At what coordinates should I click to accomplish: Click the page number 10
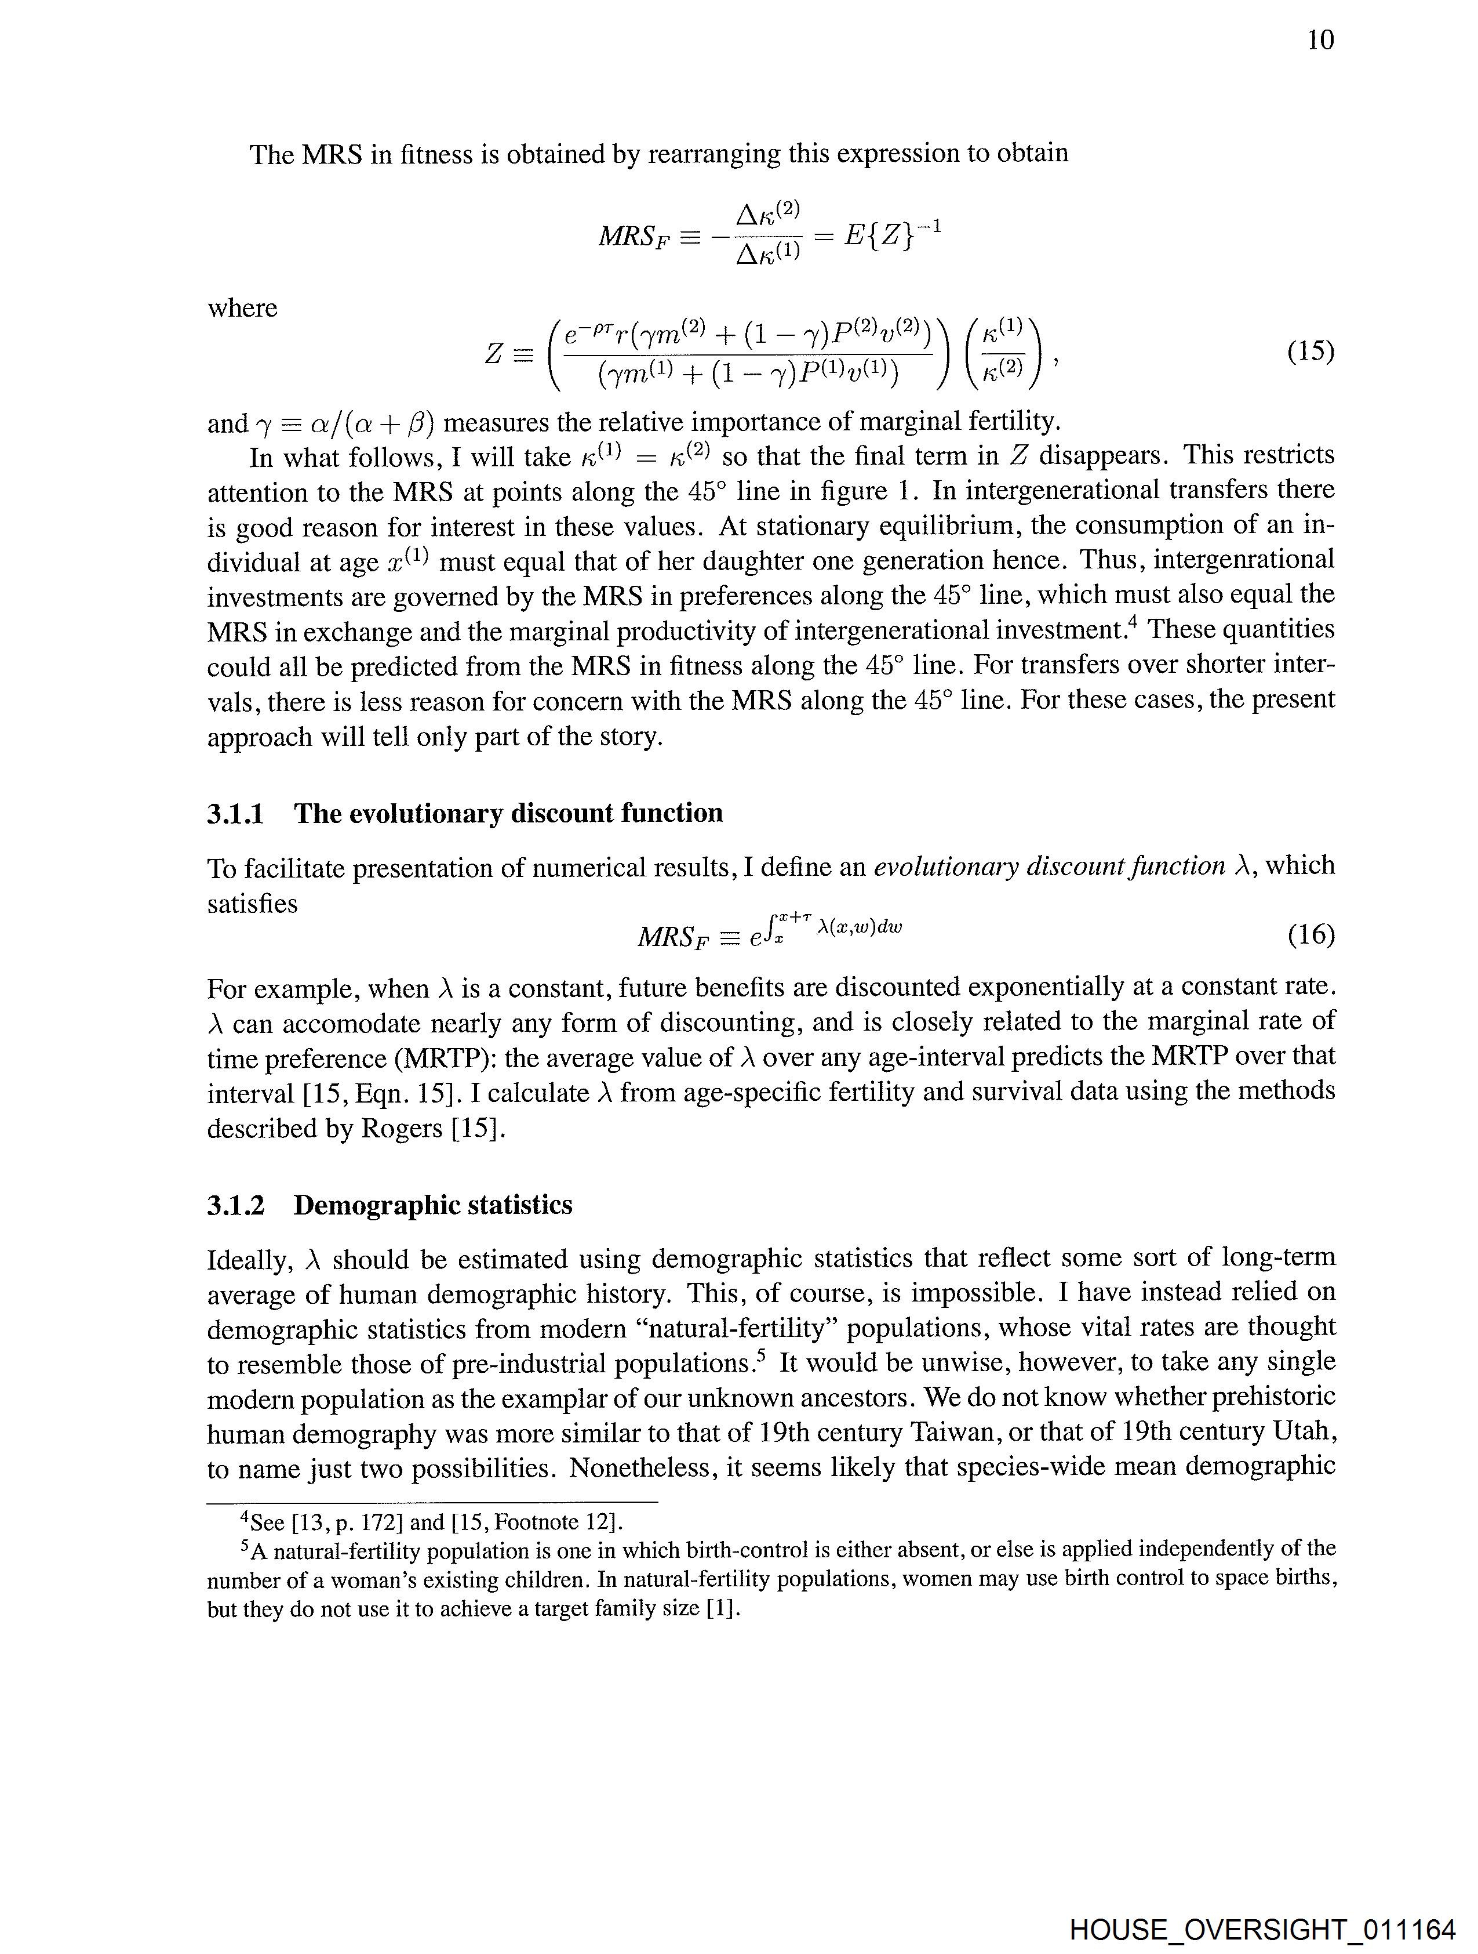pyautogui.click(x=1320, y=40)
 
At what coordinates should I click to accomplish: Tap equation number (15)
pyautogui.click(x=1310, y=351)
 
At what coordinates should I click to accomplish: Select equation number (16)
pyautogui.click(x=1310, y=934)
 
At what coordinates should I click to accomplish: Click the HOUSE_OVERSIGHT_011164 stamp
pyautogui.click(x=1262, y=1928)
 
